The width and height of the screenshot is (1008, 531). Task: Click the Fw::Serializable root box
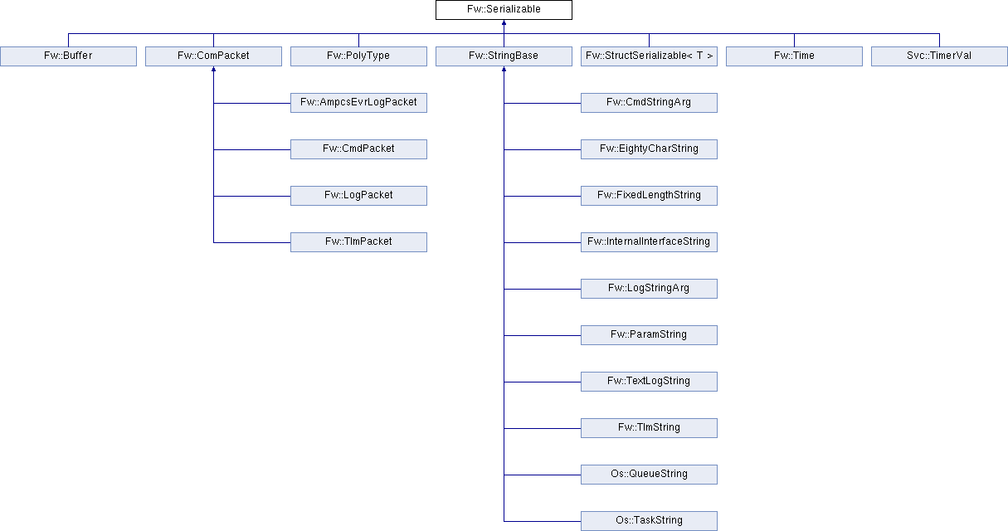point(504,10)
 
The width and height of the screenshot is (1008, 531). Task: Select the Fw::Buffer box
point(68,56)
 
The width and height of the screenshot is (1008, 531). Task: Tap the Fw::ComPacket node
point(213,56)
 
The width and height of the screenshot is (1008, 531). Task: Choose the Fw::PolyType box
point(358,56)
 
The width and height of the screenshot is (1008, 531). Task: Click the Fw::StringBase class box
point(504,56)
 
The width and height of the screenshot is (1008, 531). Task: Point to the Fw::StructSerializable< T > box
point(649,56)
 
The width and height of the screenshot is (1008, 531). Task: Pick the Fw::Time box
point(794,56)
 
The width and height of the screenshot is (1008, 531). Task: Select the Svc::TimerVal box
point(939,56)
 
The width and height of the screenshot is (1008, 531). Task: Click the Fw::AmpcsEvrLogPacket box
point(358,103)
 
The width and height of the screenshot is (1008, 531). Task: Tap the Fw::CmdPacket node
point(358,149)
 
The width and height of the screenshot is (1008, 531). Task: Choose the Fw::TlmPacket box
point(358,242)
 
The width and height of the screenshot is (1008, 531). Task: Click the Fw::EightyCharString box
point(649,149)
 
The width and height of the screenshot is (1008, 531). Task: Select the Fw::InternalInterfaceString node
point(649,242)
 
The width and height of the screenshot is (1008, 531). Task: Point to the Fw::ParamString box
point(649,335)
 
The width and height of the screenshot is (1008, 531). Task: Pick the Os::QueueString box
point(649,475)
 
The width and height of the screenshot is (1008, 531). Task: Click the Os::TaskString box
point(649,521)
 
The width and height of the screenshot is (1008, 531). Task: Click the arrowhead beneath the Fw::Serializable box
point(504,22)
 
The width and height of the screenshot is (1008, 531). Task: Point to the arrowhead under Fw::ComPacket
point(214,69)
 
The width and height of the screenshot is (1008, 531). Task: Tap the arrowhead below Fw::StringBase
point(504,69)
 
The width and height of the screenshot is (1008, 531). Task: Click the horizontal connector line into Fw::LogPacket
point(252,196)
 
